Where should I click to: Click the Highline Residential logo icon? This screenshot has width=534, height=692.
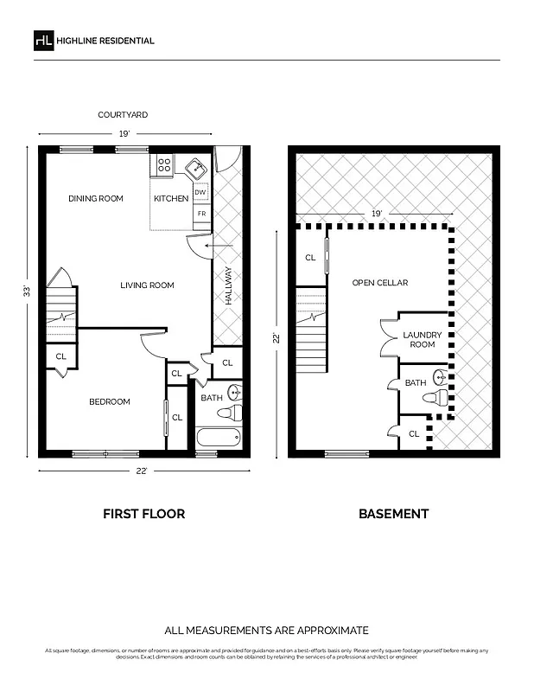click(43, 41)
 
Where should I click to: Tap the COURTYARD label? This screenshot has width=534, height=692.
click(122, 114)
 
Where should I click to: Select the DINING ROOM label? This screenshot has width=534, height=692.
click(96, 199)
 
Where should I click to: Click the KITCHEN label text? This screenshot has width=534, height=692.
click(171, 199)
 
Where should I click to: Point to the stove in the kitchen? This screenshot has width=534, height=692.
click(164, 164)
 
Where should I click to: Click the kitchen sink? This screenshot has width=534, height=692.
click(197, 166)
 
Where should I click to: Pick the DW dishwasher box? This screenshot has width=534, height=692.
click(200, 193)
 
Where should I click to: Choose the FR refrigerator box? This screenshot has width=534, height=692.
click(201, 213)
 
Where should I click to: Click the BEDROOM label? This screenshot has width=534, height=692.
click(110, 401)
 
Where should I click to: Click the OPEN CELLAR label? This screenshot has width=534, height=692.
click(379, 283)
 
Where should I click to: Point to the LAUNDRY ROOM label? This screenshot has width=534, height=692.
click(423, 339)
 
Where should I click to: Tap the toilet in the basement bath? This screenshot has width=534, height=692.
click(437, 398)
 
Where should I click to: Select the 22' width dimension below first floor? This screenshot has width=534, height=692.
click(141, 470)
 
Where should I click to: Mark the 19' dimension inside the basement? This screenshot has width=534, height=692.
click(376, 213)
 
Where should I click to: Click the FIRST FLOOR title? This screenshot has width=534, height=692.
click(143, 514)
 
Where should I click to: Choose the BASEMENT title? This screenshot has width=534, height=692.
click(393, 514)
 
